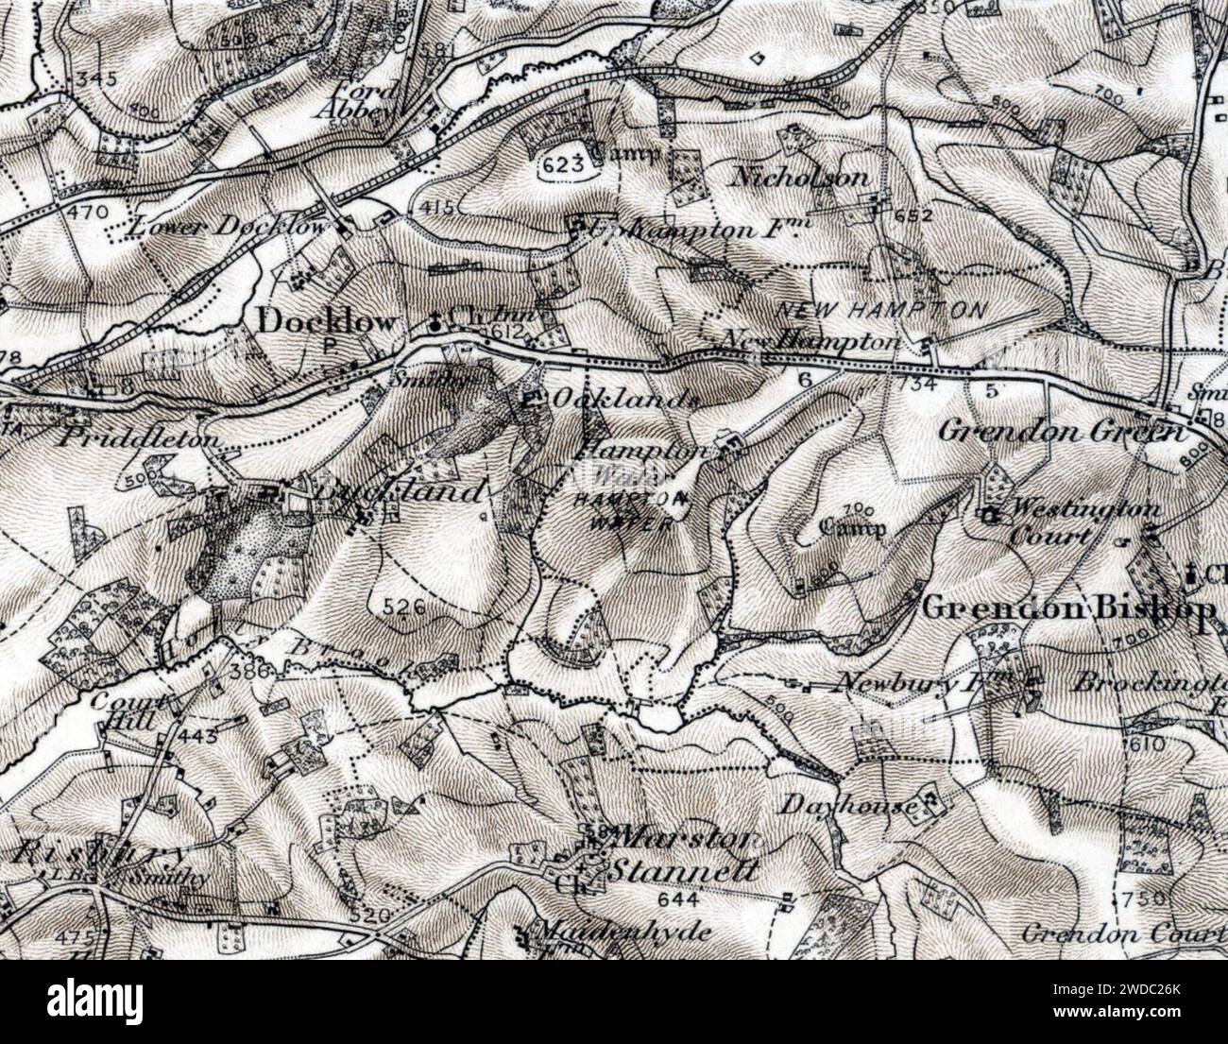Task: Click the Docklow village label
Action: (x=326, y=323)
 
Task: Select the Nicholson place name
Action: (x=799, y=178)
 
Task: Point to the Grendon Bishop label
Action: (x=1067, y=608)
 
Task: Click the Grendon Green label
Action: (x=1060, y=432)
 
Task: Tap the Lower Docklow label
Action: (x=228, y=227)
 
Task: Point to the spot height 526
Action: (x=403, y=608)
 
